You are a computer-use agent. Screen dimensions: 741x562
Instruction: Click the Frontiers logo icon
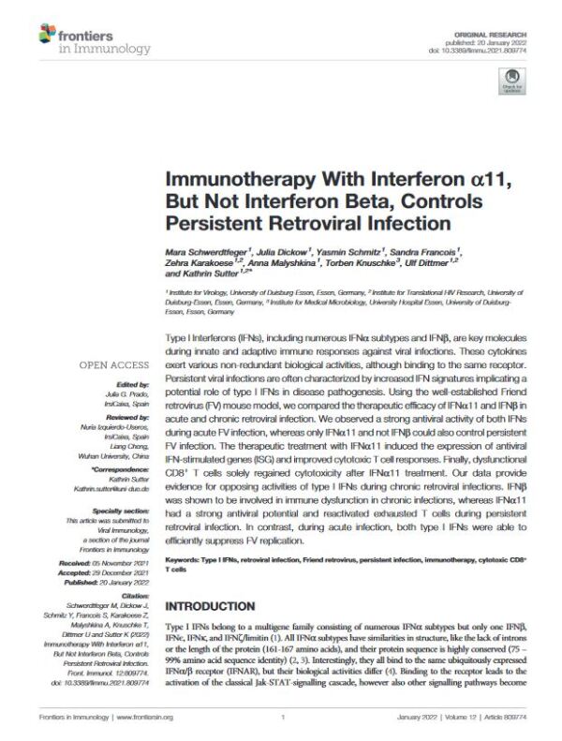(x=47, y=35)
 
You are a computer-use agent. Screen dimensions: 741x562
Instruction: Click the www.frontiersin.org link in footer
(x=140, y=719)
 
